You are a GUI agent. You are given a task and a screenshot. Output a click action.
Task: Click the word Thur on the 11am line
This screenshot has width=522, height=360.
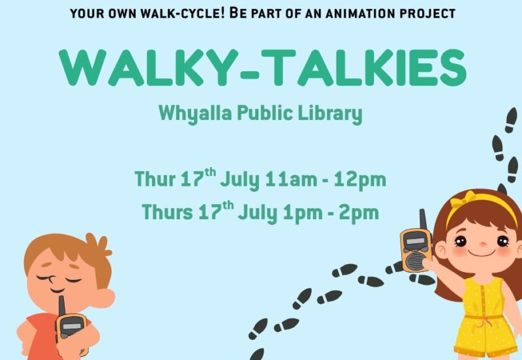155,179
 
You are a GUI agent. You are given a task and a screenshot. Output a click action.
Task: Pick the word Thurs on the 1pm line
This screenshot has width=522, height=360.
167,211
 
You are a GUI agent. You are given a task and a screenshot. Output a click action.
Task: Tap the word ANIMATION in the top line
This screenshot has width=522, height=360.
361,14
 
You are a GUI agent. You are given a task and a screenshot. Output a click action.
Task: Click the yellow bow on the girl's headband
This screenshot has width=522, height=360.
463,198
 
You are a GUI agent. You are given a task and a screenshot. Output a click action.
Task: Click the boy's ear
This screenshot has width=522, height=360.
105,297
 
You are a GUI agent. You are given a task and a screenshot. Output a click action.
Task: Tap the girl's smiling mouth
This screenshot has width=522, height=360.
482,254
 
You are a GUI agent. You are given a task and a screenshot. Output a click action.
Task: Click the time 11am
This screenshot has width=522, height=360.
291,179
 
